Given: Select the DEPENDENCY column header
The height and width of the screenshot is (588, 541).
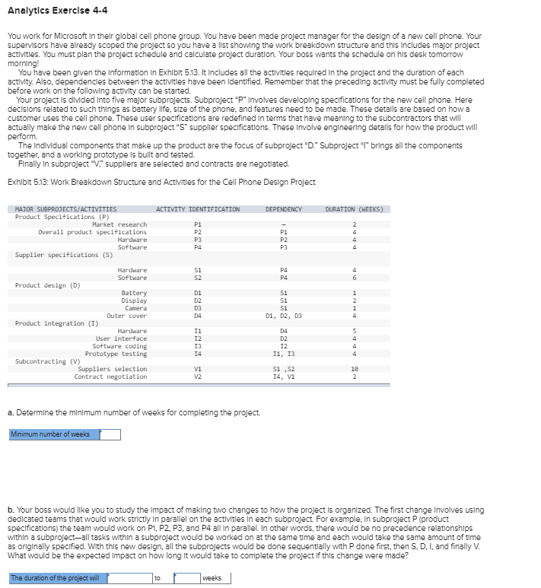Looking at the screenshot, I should tap(283, 209).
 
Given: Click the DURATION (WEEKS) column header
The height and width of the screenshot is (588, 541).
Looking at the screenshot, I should tap(355, 209).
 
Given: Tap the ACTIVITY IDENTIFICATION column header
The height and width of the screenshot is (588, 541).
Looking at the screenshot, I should tap(198, 209).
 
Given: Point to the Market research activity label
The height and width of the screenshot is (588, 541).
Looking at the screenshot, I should tap(119, 224).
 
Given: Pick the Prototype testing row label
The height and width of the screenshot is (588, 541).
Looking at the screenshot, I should tap(116, 354).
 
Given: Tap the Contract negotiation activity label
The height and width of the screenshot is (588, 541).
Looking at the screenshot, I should tap(110, 377).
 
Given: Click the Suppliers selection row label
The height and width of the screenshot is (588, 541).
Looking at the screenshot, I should tap(113, 369).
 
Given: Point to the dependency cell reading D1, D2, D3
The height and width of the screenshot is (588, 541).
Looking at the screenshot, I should tap(283, 316).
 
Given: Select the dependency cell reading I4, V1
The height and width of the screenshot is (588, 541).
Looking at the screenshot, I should tap(283, 377).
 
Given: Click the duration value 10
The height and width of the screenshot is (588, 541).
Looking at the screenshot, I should tap(354, 369).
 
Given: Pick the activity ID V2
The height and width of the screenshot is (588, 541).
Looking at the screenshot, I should tap(198, 377).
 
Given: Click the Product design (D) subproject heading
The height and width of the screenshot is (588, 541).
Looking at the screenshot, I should tap(47, 285).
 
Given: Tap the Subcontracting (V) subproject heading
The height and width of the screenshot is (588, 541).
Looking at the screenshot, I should tap(48, 361).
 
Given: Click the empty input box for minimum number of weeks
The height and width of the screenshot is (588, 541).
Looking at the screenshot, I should tap(110, 435).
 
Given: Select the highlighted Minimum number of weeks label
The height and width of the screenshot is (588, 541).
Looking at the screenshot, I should tap(50, 435).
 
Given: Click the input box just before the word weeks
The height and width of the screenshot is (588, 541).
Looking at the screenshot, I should tap(186, 578).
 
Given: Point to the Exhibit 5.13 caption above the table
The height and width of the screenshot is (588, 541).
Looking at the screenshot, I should tap(161, 182).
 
